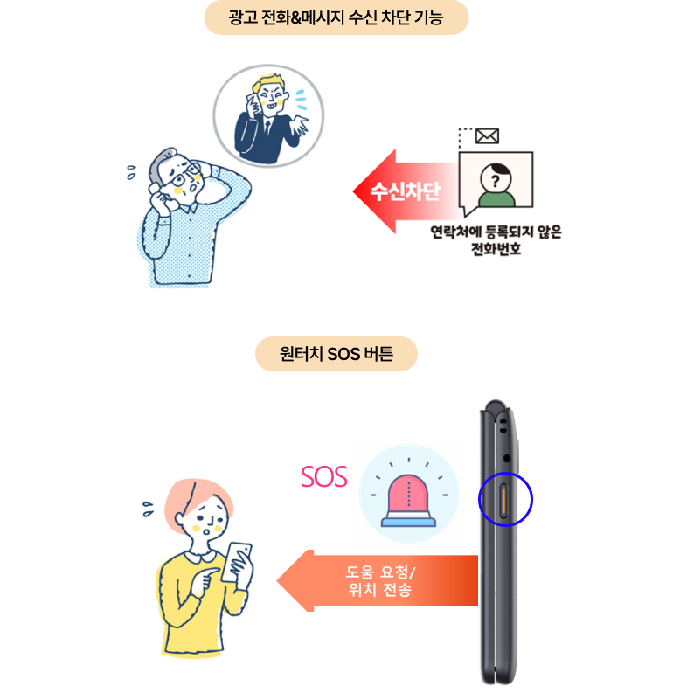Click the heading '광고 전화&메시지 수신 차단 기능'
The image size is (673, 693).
click(x=336, y=17)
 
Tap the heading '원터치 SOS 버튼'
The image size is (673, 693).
click(x=336, y=354)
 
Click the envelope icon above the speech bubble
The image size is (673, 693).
click(x=487, y=136)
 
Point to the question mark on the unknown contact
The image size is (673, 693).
click(x=496, y=180)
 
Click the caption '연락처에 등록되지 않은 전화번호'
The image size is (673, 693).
click(x=496, y=240)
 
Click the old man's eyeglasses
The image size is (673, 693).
click(x=184, y=176)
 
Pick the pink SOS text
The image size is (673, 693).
click(x=324, y=477)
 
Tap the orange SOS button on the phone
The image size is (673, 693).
click(x=503, y=500)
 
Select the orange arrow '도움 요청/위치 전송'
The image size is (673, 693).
click(x=378, y=581)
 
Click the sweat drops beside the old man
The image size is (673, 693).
click(x=131, y=172)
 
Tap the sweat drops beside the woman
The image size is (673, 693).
click(x=148, y=509)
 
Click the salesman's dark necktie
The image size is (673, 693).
click(x=267, y=128)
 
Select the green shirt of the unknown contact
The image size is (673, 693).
click(x=496, y=199)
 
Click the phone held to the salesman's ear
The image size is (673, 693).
click(x=253, y=106)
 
